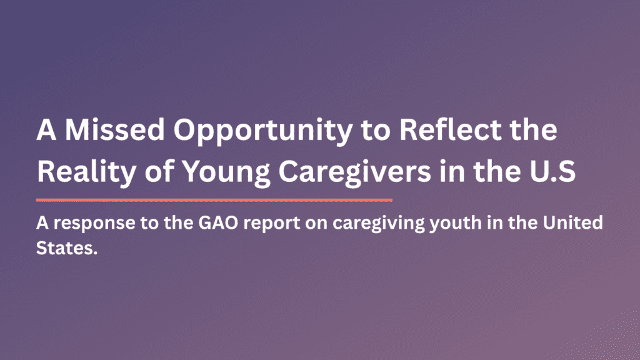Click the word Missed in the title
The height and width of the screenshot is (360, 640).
coord(115,130)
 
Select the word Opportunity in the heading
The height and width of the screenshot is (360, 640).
coord(263,131)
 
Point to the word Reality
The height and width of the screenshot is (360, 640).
coord(86,172)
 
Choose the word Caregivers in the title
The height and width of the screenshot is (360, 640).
coord(355,172)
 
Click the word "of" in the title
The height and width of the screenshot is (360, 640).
coord(159,171)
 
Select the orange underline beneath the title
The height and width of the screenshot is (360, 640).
coord(214,200)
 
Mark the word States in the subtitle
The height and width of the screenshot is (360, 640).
coord(67,247)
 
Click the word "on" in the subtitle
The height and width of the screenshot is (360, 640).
coord(316,224)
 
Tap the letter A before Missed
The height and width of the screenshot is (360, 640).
coord(46,130)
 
